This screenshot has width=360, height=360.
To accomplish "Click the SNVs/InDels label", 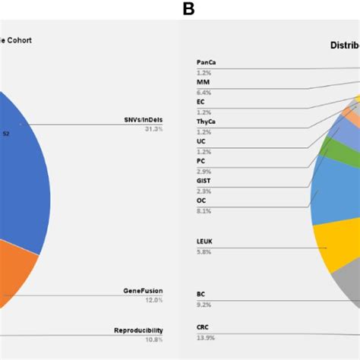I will (x=142, y=120).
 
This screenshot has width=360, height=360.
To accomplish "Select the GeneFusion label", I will (x=143, y=291).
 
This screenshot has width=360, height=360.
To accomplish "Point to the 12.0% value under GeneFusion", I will (x=153, y=300).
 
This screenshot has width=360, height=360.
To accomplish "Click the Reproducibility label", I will (x=138, y=330).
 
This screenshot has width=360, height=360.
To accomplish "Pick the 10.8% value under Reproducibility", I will (x=153, y=339).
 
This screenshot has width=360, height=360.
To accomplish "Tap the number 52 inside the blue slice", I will (x=6, y=134).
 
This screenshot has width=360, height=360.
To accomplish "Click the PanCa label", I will (x=206, y=62).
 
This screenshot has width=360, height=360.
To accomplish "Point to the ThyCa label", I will (x=206, y=121).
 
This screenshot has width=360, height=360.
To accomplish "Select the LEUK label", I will (x=205, y=241).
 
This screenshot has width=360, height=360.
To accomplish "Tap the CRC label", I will (x=203, y=327).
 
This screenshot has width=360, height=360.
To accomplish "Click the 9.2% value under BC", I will (x=203, y=304).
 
